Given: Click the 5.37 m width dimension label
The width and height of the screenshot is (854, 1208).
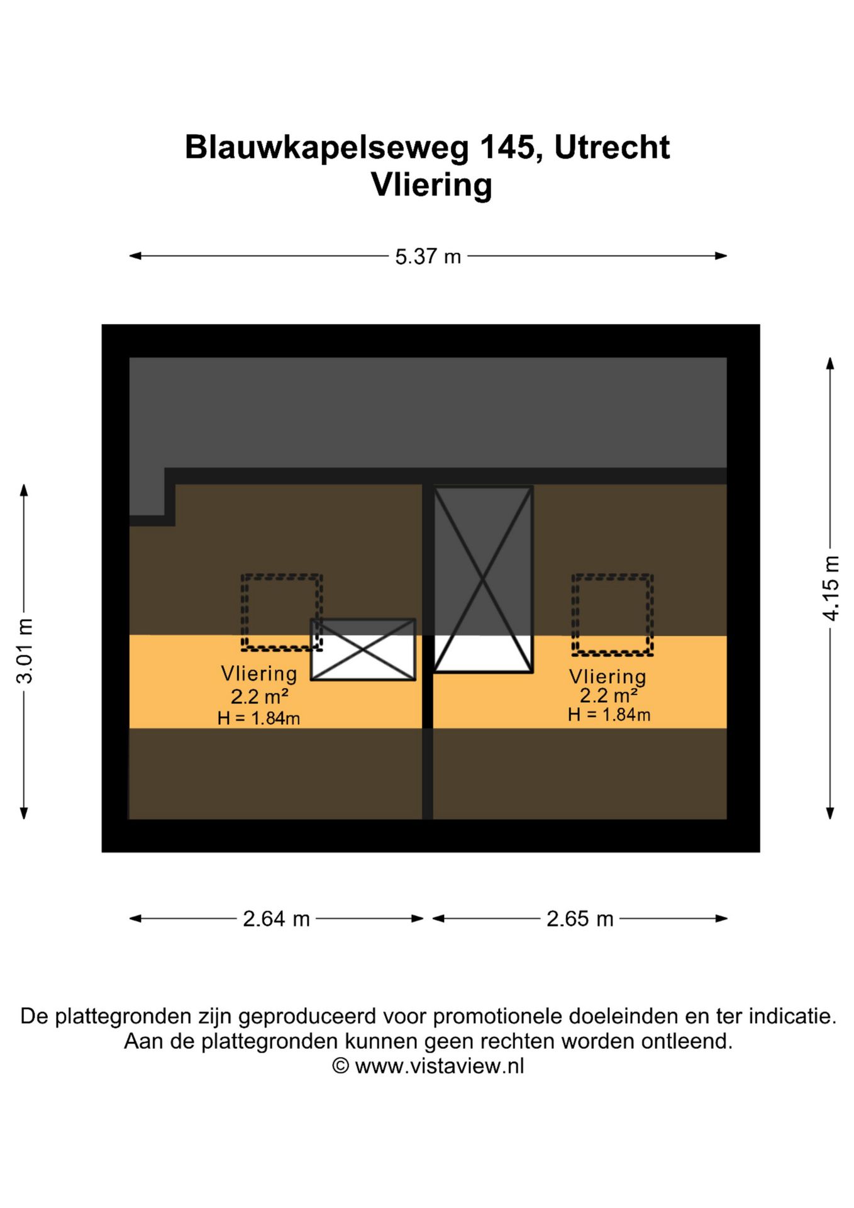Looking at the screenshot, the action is pos(428,257).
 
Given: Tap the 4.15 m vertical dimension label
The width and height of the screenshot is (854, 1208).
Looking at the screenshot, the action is pos(831,588).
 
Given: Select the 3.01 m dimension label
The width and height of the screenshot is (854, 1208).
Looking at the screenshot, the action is pos(24,651).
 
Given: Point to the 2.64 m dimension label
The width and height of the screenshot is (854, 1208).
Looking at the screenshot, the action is pos(276,919).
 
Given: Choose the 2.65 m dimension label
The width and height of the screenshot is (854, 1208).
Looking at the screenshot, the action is pos(579,919).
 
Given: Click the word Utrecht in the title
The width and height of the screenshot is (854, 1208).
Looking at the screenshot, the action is pos(612,147).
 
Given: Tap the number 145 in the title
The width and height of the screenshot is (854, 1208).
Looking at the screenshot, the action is pos(508,147).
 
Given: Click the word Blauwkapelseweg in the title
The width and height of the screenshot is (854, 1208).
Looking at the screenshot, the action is pos(327,148).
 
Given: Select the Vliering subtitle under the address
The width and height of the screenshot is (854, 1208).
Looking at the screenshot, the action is pos(431,185).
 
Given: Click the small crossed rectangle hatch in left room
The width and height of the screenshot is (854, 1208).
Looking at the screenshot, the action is pos(363,649).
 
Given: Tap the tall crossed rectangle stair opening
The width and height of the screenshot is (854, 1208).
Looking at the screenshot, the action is pos(483,579).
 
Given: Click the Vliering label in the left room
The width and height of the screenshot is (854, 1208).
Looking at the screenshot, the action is pos(258,673).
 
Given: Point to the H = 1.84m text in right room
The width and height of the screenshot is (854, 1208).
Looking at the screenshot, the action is pos(609,714).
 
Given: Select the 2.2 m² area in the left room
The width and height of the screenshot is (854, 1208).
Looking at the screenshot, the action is pos(259,696).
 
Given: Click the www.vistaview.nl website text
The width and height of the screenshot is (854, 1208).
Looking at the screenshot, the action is pos(439,1066).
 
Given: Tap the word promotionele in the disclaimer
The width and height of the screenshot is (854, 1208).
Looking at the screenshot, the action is pos(498,1016).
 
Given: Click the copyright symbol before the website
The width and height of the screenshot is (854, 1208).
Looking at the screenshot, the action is pos(340,1066).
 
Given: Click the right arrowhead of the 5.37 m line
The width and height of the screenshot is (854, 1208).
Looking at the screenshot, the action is pos(721,256).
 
